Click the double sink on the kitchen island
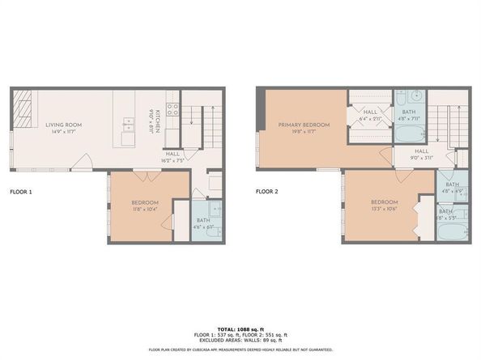[x=128, y=125]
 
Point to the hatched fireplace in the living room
[x=25, y=106]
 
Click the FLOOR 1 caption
[x=20, y=192]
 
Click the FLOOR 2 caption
[x=266, y=192]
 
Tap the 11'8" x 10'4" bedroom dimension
[x=146, y=210]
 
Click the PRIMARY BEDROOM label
[x=300, y=125]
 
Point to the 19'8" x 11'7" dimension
[x=300, y=132]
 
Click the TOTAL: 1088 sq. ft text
[x=240, y=329]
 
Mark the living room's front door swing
[x=81, y=166]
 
